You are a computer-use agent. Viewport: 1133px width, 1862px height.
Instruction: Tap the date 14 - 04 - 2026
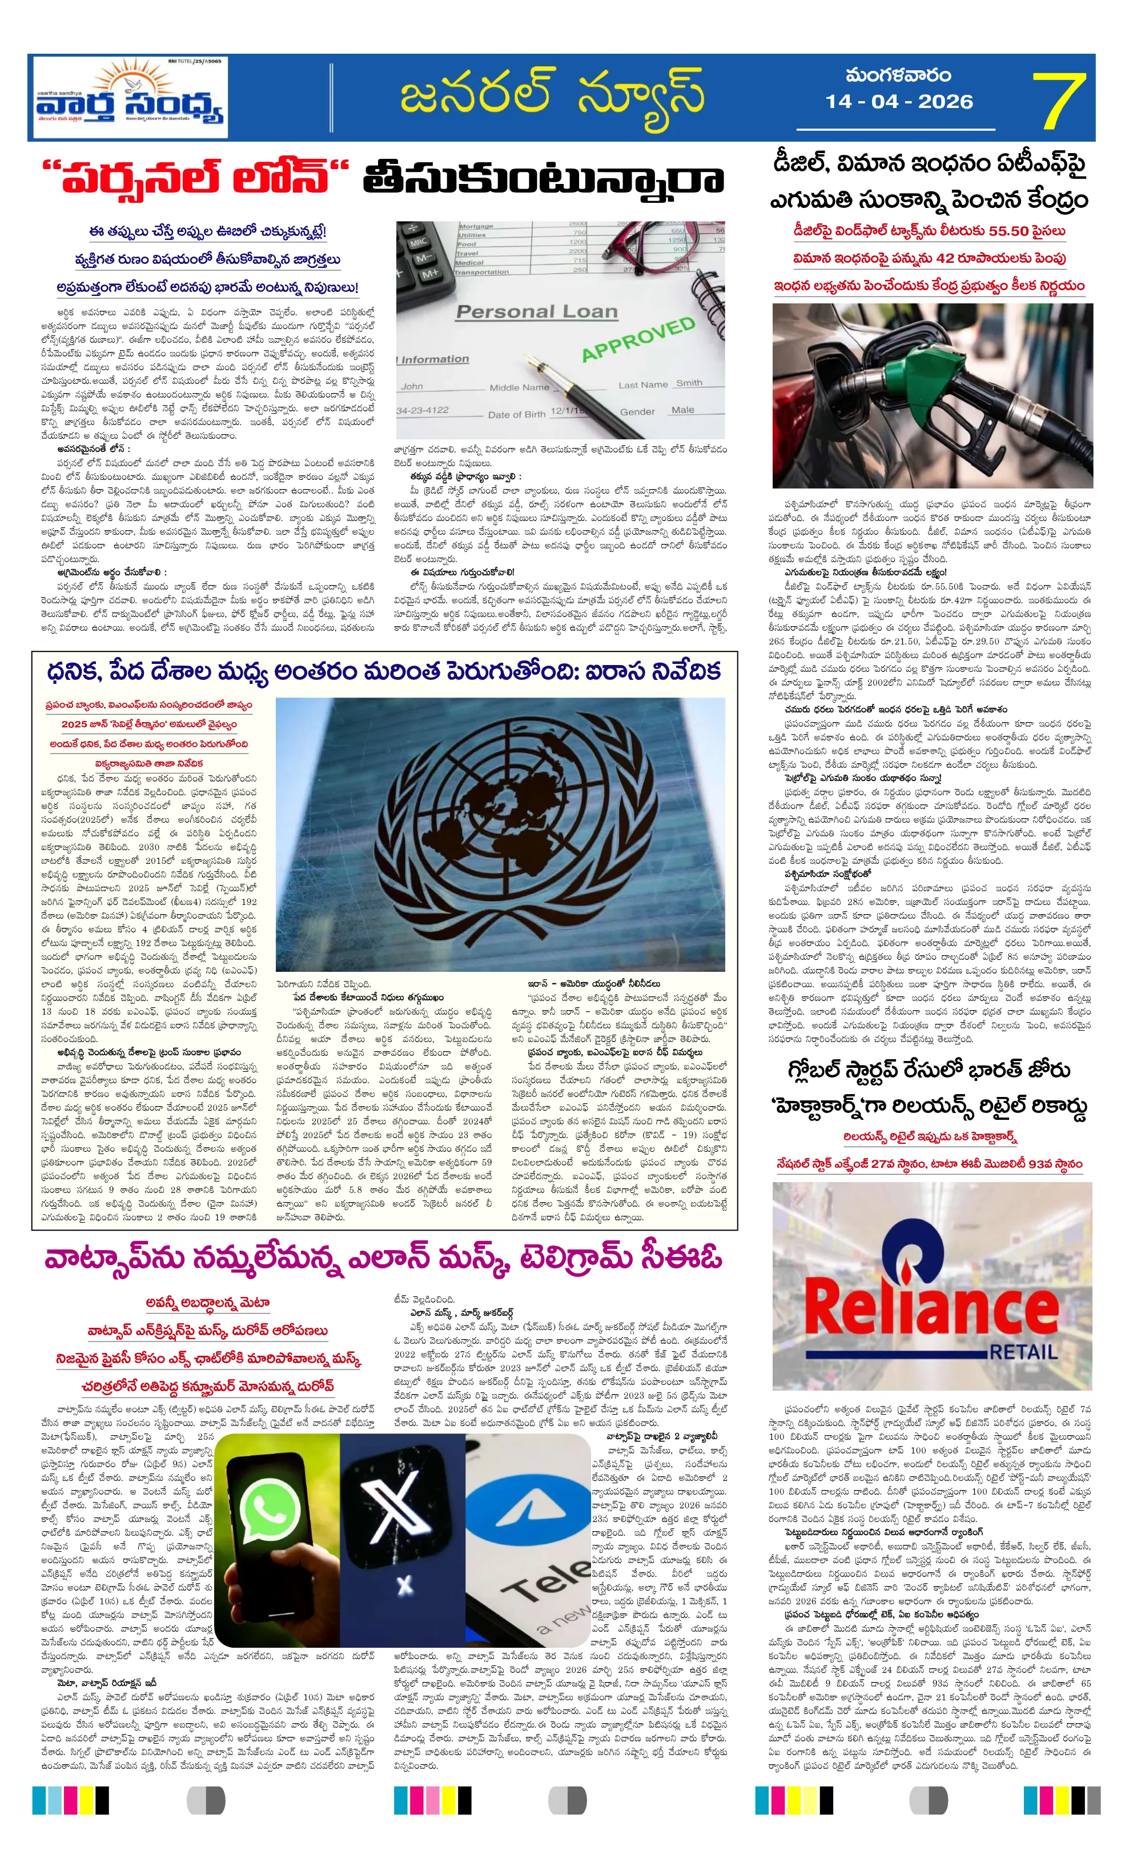898,101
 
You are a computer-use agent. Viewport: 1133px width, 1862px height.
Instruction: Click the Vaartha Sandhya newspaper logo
130,98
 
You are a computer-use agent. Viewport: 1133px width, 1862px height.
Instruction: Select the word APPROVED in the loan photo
638,339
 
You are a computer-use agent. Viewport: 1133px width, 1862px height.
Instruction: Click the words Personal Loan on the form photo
536,311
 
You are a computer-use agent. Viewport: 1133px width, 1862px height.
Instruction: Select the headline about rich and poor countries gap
383,672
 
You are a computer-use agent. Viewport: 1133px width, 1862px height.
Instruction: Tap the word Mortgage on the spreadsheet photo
476,226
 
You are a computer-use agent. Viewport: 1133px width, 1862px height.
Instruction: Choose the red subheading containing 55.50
929,231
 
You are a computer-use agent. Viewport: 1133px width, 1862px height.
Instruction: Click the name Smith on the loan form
689,383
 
